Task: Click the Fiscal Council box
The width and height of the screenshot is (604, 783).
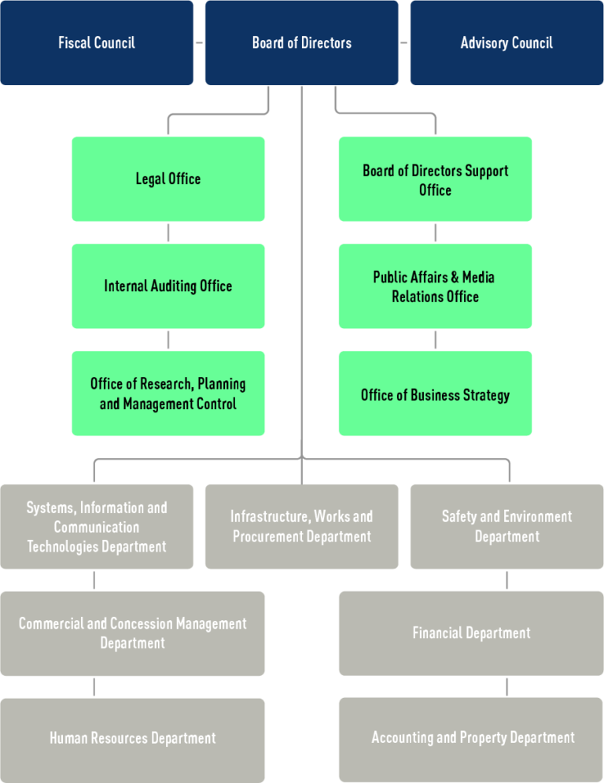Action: (x=97, y=42)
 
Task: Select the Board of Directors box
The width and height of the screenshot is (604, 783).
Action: (x=301, y=42)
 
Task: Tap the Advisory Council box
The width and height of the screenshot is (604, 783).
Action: (x=506, y=42)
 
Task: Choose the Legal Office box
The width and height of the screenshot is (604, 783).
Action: (x=168, y=179)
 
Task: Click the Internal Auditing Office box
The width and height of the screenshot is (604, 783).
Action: (x=168, y=286)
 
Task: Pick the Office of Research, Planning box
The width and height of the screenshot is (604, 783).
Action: (x=168, y=393)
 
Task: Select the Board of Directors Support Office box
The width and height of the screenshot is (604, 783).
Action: (x=435, y=179)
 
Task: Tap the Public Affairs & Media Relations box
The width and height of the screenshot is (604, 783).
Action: (x=435, y=286)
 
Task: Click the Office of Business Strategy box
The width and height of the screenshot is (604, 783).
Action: (x=435, y=394)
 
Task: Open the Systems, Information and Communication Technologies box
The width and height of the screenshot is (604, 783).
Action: (x=97, y=526)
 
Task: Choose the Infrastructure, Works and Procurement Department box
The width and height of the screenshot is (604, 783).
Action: (x=301, y=526)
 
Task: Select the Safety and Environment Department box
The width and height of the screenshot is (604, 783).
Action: (x=506, y=526)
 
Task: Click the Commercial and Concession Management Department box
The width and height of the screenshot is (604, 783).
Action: (x=132, y=633)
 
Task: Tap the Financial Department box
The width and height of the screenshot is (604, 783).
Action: (x=471, y=633)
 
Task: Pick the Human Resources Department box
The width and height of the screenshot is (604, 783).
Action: (x=132, y=739)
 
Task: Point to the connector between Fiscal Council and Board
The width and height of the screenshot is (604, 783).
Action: (x=199, y=42)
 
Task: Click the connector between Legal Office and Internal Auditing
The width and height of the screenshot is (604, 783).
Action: (x=168, y=232)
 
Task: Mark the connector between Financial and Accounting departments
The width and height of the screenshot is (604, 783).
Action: (x=507, y=686)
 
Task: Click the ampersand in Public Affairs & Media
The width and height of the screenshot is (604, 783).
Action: (x=455, y=277)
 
